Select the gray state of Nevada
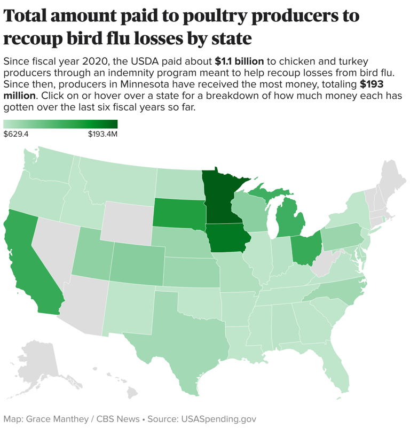tap(53, 251)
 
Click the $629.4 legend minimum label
tap(16, 134)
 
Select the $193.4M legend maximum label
tap(102, 134)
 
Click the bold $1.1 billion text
tap(239, 61)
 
